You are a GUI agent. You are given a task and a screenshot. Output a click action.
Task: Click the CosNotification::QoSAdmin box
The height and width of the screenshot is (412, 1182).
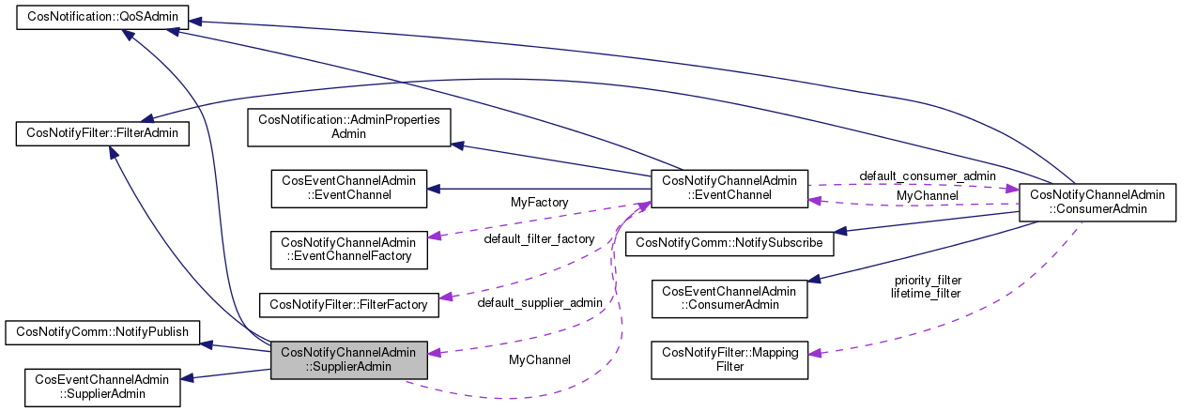tap(103, 17)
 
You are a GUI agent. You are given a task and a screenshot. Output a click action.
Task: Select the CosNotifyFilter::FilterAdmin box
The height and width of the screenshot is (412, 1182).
tap(103, 134)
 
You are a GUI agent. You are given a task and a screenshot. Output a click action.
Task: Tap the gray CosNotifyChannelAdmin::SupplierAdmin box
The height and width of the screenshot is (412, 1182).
tap(349, 360)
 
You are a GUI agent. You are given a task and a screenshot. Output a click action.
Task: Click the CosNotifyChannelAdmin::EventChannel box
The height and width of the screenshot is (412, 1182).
tap(729, 188)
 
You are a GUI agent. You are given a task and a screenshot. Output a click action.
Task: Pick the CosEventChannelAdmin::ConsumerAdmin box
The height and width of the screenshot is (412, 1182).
tap(729, 298)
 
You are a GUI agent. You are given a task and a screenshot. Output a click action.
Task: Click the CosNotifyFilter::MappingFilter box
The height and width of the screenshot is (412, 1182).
tap(729, 359)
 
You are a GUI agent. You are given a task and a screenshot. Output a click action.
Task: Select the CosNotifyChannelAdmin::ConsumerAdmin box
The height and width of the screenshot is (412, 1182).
tap(1098, 202)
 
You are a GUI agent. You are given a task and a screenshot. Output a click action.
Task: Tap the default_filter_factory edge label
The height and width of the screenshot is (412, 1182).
tap(539, 239)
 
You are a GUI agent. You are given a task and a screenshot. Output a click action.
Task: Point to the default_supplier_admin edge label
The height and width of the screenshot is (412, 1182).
tap(539, 303)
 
